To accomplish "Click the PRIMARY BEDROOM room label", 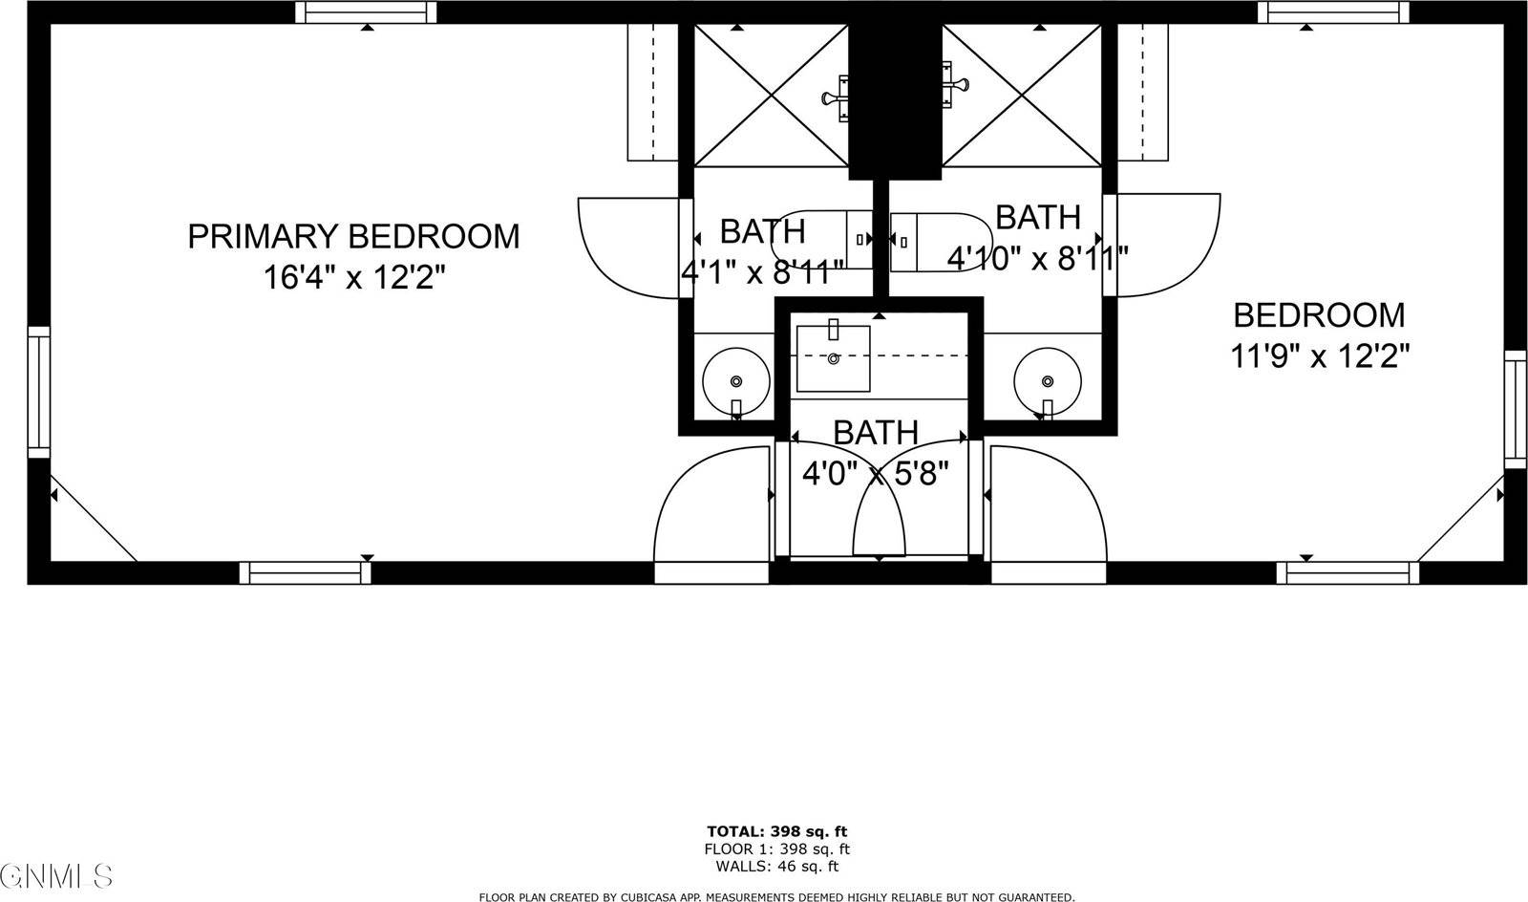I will coord(353,236).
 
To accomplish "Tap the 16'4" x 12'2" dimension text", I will coord(355,278).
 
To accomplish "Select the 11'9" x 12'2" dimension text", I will coord(1320,356).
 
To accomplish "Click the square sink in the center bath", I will coord(834,358).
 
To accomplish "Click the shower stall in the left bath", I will coord(770,96).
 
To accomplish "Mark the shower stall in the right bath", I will coord(1022,96).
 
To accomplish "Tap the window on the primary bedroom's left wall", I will coord(38,392).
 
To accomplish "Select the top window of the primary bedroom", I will coord(366,12).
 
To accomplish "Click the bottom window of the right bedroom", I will coord(1348,572).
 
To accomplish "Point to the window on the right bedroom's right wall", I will coord(1516,409).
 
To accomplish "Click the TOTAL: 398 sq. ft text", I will coord(776,831).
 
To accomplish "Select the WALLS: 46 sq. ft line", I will coord(776,867).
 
